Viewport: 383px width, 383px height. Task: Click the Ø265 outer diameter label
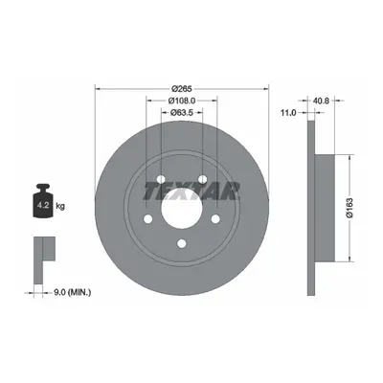[182, 89]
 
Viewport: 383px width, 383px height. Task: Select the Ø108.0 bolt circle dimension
[182, 101]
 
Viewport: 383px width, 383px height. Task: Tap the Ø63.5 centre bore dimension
[182, 112]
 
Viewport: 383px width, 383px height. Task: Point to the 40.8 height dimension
[321, 101]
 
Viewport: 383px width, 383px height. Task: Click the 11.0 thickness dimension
[288, 112]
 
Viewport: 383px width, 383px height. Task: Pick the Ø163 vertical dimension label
[350, 208]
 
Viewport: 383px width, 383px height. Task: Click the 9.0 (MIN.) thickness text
[72, 292]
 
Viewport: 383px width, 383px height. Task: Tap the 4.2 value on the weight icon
[43, 205]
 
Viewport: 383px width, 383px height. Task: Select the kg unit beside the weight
[60, 206]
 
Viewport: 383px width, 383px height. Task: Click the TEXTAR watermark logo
[191, 191]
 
